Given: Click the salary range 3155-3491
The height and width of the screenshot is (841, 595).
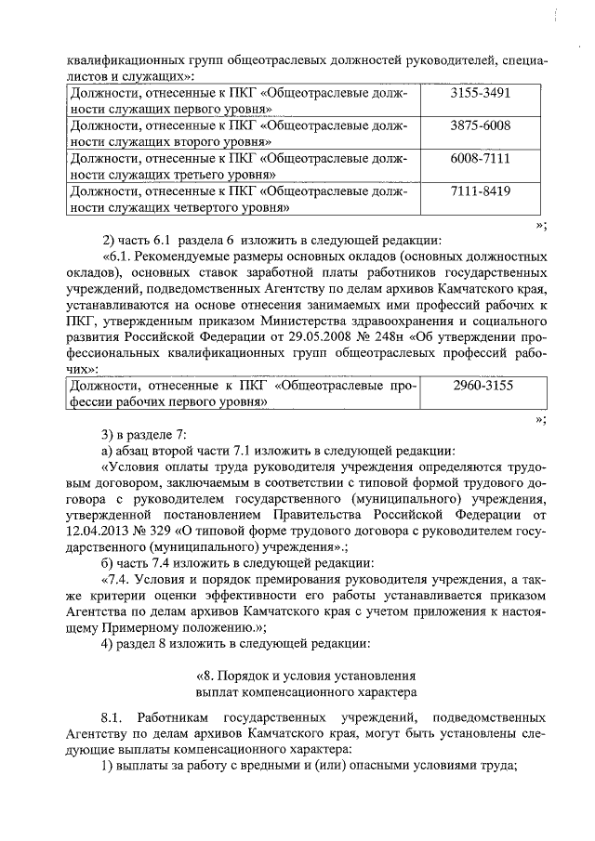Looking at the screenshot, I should click(x=480, y=95).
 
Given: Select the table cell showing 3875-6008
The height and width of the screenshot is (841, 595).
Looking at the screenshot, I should click(x=480, y=125).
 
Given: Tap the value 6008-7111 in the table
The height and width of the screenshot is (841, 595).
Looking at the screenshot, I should click(x=480, y=159).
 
